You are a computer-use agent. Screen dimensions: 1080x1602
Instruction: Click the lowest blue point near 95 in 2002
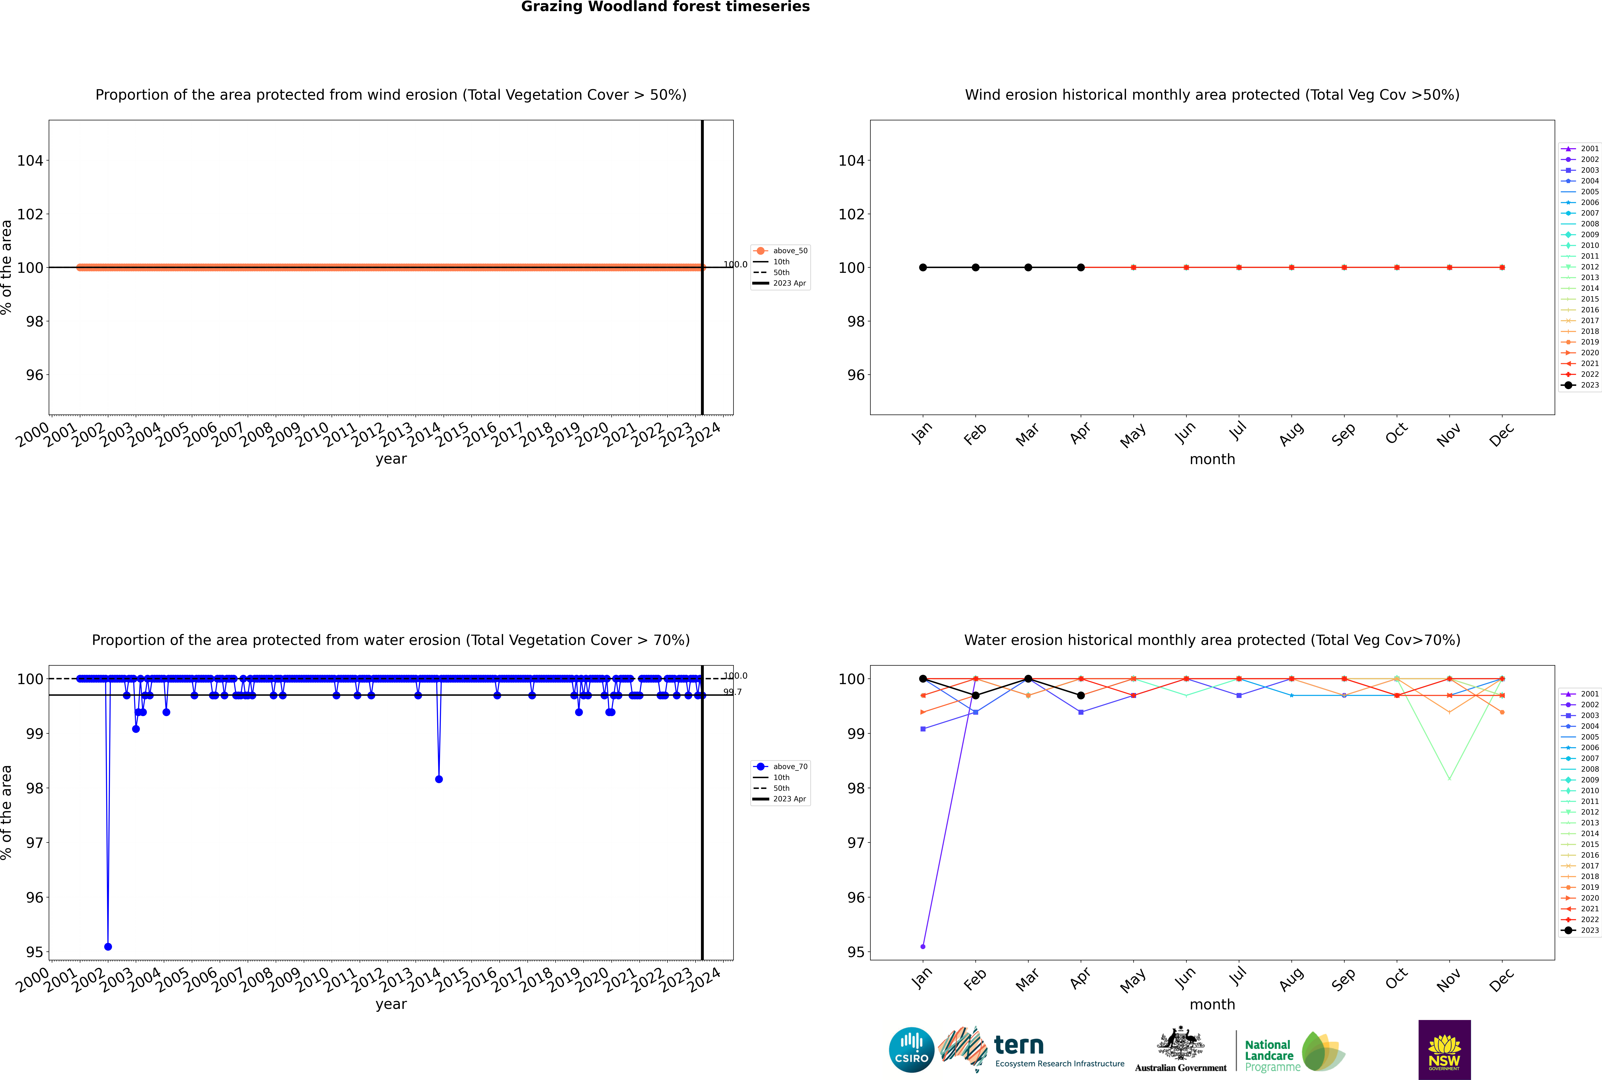(x=108, y=946)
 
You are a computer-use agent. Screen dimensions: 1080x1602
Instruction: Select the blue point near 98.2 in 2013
(x=439, y=779)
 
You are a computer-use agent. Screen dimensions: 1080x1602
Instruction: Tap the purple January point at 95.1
(x=923, y=946)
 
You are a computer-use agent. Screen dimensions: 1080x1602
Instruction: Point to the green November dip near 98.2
(x=1450, y=779)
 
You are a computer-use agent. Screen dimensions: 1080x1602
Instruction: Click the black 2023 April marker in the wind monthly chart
(x=1081, y=267)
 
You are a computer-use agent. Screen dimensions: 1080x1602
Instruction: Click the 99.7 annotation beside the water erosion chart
(x=732, y=692)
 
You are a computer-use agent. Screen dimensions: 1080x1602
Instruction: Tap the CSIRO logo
(x=911, y=1050)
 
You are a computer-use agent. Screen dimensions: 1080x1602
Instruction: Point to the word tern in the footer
(x=1019, y=1046)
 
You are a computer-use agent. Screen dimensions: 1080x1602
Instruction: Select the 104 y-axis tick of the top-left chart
(x=30, y=161)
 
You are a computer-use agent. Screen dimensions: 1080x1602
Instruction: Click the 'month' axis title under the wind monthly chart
(x=1212, y=459)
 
